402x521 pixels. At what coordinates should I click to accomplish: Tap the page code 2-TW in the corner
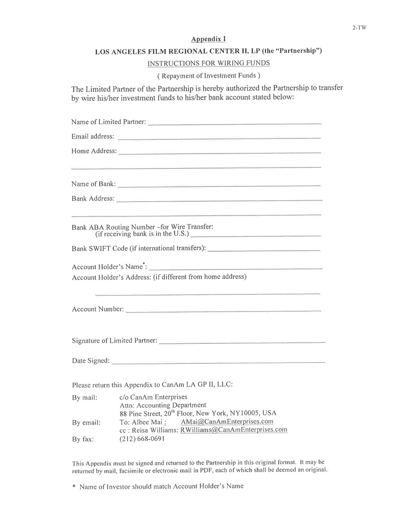pyautogui.click(x=359, y=28)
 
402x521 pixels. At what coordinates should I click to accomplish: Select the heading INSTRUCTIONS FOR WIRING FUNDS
pyautogui.click(x=209, y=63)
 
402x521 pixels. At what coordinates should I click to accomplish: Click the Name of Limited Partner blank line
pyautogui.click(x=235, y=123)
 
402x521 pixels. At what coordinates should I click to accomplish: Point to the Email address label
pyautogui.click(x=92, y=136)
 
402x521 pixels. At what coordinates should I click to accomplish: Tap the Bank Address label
pyautogui.click(x=92, y=199)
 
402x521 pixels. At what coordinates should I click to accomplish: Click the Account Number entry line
pyautogui.click(x=223, y=311)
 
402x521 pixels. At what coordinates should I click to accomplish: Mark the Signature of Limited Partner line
pyautogui.click(x=242, y=342)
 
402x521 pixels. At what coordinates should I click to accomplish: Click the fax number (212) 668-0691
pyautogui.click(x=142, y=439)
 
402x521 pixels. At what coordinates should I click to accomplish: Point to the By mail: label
pyautogui.click(x=84, y=398)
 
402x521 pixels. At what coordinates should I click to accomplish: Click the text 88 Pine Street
pyautogui.click(x=142, y=413)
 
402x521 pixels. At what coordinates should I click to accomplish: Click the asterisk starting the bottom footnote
pyautogui.click(x=74, y=487)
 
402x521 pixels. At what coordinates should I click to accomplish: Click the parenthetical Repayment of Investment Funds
pyautogui.click(x=209, y=76)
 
